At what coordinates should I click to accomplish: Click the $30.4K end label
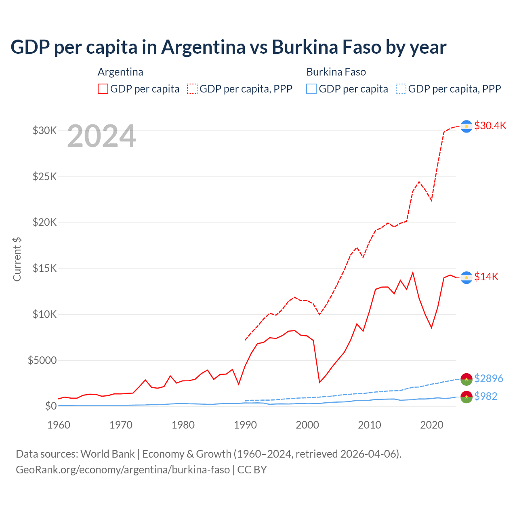[490, 126]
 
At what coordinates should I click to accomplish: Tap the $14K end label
[486, 277]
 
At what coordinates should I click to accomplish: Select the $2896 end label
[488, 378]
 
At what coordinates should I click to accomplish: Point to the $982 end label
[485, 396]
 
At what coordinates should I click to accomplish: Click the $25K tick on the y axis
[44, 177]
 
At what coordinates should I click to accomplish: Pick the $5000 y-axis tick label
[42, 360]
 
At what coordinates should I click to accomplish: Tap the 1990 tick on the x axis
[245, 425]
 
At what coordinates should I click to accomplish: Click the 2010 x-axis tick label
[370, 425]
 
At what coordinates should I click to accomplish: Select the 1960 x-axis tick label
[59, 425]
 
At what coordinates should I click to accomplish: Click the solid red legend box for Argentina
[103, 89]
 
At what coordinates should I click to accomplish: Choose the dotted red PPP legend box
[192, 89]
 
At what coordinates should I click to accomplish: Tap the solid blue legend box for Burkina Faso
[311, 89]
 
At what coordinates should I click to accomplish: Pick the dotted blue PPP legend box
[401, 89]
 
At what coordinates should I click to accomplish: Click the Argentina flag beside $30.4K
[467, 126]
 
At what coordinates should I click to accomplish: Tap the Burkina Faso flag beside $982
[467, 397]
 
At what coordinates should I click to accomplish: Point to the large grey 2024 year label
[101, 137]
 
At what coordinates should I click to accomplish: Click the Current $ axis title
[17, 259]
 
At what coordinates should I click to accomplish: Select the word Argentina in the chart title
[203, 47]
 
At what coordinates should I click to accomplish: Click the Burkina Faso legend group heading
[336, 72]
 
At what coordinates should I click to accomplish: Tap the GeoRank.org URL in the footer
[123, 470]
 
